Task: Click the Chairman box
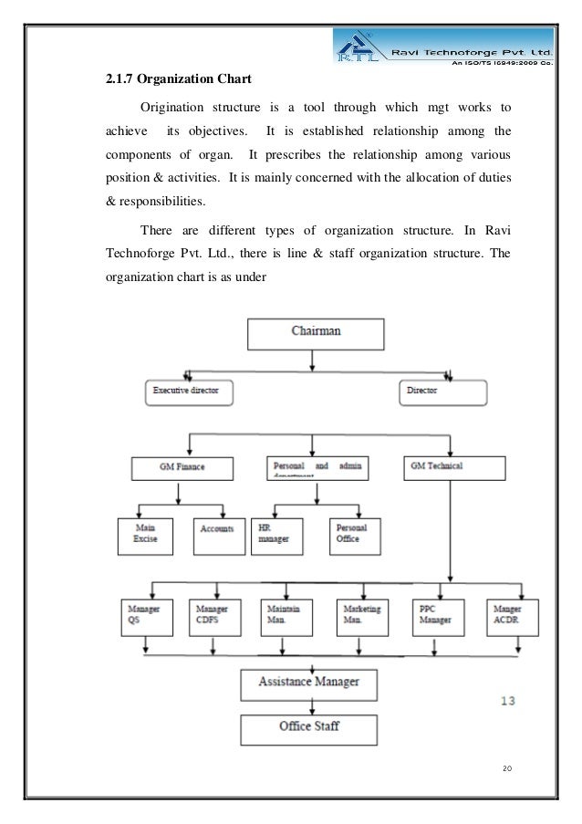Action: coord(316,331)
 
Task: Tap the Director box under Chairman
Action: coord(442,392)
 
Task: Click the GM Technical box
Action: coord(452,467)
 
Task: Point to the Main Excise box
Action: coord(144,535)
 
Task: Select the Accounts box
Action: coord(216,535)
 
